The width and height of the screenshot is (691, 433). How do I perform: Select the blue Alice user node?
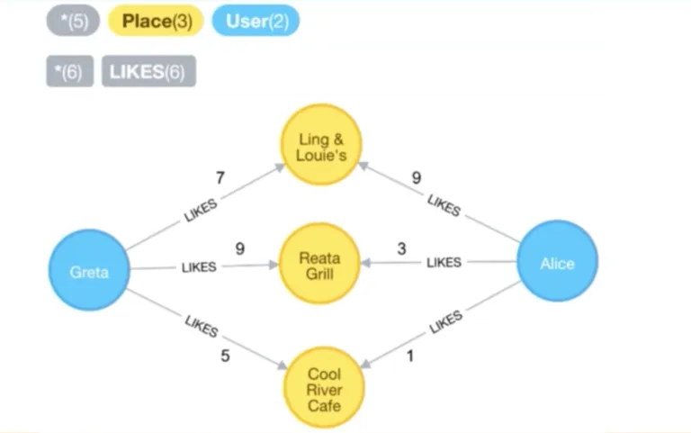tap(557, 263)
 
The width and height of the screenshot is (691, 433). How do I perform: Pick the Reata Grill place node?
tap(320, 263)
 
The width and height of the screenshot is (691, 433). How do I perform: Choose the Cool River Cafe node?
tap(324, 388)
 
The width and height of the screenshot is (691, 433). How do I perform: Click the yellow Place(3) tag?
tap(157, 22)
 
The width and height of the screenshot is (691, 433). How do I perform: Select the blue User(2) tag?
tap(256, 22)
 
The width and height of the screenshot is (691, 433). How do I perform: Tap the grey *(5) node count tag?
tap(73, 22)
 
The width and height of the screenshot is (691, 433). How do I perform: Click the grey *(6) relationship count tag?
tap(69, 72)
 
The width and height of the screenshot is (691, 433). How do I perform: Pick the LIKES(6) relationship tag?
tap(148, 72)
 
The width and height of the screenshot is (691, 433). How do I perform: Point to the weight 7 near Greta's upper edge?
tap(220, 178)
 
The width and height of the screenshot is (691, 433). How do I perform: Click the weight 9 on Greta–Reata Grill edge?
tap(239, 248)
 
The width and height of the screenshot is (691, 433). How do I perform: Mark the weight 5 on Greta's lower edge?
tap(225, 356)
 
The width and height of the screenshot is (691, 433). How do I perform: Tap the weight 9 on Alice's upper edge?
tap(416, 178)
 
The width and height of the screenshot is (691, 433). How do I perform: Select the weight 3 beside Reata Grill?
tap(402, 248)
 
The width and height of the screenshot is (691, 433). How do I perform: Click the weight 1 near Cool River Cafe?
tap(410, 356)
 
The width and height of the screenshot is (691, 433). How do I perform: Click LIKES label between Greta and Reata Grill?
tap(199, 267)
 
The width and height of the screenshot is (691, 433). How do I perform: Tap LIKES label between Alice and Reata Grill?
tap(444, 263)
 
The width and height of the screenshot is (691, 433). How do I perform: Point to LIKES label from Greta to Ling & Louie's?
tap(200, 209)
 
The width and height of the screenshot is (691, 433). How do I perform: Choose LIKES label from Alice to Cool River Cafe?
tap(446, 322)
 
